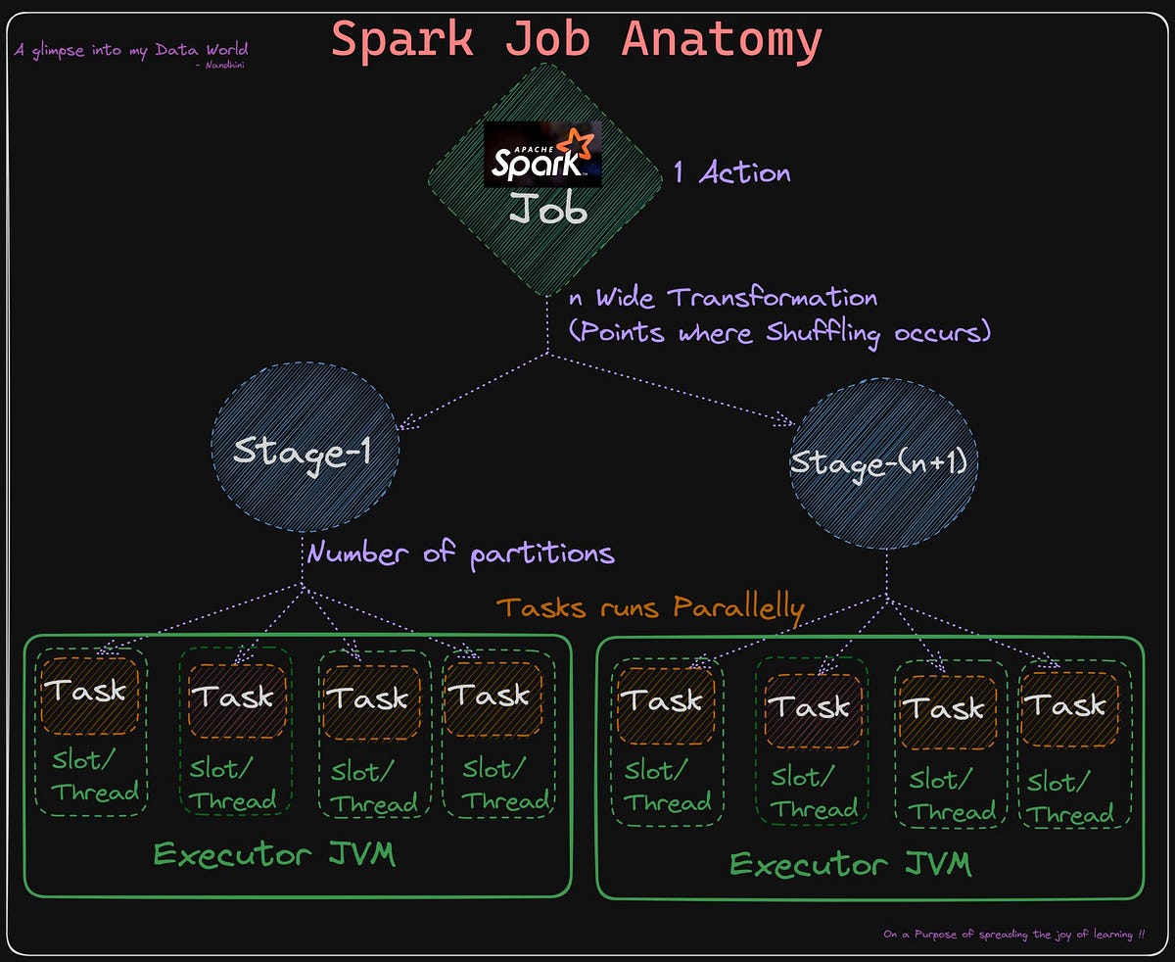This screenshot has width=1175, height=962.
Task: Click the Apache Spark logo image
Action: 543,154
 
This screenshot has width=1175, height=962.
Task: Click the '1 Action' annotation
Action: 731,173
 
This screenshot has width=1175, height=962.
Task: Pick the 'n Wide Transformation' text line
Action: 723,297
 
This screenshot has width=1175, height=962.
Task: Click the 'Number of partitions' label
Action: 460,553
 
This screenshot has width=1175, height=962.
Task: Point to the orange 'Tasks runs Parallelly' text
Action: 650,607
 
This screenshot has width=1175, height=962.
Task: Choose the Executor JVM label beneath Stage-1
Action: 274,854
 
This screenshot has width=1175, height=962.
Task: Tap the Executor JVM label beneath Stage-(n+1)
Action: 850,864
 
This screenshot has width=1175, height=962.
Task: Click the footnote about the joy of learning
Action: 1013,935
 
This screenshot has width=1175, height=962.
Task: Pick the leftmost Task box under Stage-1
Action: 89,692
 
